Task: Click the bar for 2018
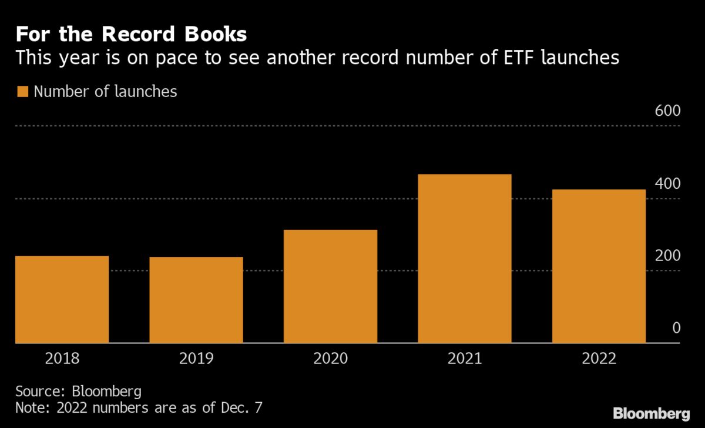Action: (x=62, y=299)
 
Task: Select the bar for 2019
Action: (x=196, y=300)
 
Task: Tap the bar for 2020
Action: (x=330, y=286)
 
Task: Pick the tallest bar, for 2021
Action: (x=464, y=259)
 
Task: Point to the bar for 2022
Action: (x=599, y=266)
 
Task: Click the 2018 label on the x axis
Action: (x=62, y=359)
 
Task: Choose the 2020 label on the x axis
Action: (x=330, y=359)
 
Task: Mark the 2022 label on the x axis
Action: (x=599, y=359)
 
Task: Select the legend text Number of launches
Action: (x=105, y=92)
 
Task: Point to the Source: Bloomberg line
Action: (x=78, y=391)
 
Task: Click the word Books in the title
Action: (x=215, y=35)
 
